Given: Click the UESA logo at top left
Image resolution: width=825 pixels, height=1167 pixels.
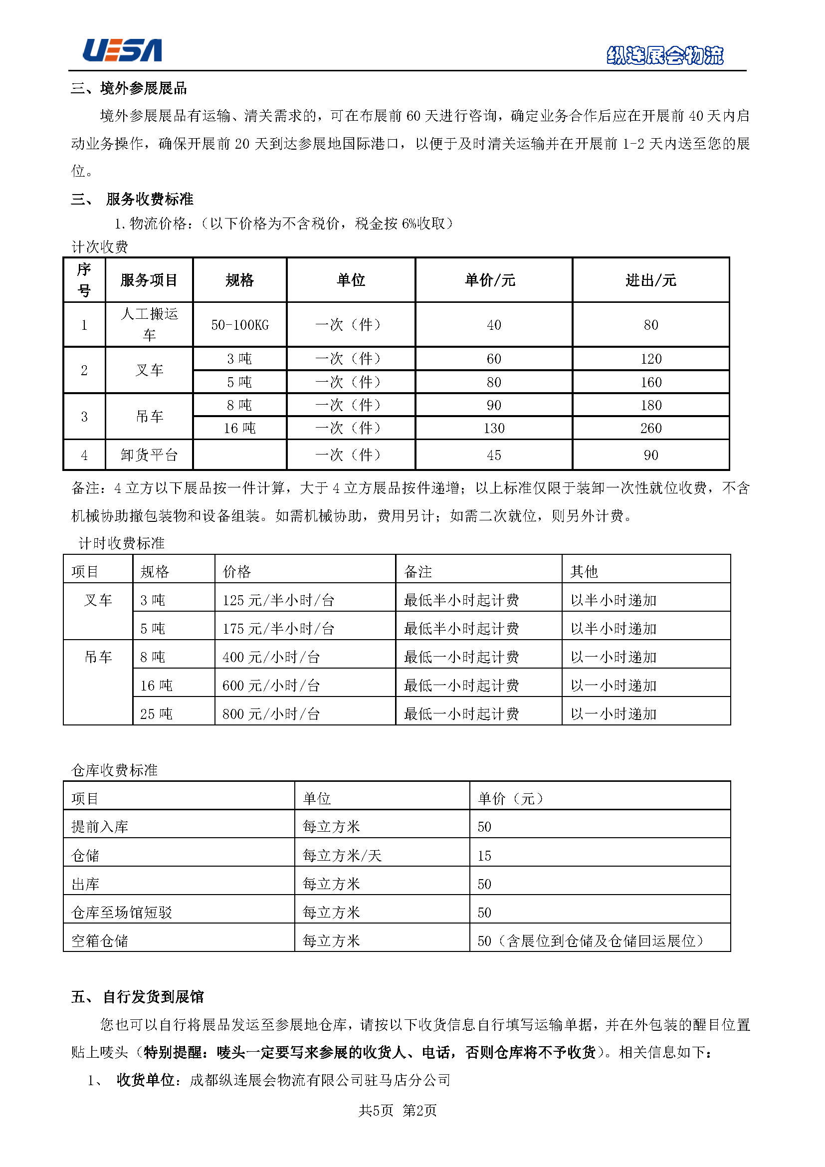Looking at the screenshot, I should click(x=122, y=50).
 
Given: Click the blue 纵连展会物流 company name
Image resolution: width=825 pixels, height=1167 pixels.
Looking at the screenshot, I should click(x=665, y=55).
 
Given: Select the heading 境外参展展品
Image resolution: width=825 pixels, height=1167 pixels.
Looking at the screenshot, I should click(x=143, y=88).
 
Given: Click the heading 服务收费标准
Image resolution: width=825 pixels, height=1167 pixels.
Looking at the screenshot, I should click(x=149, y=199).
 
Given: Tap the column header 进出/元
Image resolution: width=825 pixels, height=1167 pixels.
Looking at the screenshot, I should click(x=651, y=280).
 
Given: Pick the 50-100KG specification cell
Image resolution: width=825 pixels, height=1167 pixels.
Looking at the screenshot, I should click(x=240, y=325).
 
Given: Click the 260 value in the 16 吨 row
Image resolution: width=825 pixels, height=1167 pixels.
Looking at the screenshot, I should click(x=651, y=428).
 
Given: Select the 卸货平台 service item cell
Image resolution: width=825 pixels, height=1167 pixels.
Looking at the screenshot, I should click(x=149, y=455).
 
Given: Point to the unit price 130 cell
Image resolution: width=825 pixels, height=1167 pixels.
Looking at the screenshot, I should click(x=494, y=428).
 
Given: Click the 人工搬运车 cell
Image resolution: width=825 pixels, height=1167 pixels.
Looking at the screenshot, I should click(x=149, y=324).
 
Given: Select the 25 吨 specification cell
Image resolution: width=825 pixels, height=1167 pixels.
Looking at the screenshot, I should click(x=157, y=714).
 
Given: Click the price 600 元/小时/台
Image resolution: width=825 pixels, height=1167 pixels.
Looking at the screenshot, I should click(x=271, y=686).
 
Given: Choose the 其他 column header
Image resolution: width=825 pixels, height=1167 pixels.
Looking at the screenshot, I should click(x=584, y=572).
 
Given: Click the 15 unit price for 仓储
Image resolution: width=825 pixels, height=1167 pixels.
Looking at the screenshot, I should click(x=485, y=856).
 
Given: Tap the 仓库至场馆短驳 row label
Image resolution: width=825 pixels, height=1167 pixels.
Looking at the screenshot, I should click(x=122, y=913).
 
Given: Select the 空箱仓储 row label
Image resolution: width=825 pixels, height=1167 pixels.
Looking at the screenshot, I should click(x=100, y=941).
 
